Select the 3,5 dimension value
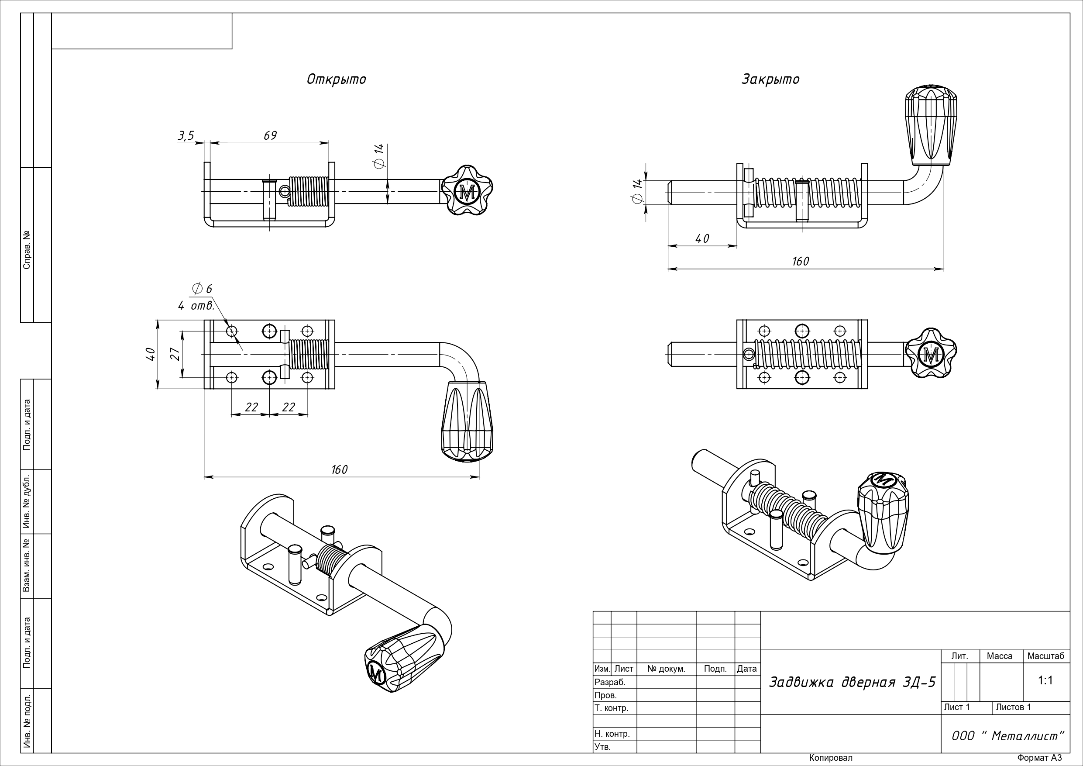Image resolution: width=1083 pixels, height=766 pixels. (x=186, y=136)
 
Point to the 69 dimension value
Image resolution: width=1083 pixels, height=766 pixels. (x=270, y=135)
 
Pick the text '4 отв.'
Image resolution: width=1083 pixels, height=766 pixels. (x=196, y=306)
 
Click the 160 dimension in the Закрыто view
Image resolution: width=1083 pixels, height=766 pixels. (x=800, y=261)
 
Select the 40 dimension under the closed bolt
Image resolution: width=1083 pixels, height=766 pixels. (x=702, y=239)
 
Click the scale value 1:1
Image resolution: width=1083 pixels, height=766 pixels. (x=1045, y=680)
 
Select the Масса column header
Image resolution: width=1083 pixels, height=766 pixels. (x=1000, y=656)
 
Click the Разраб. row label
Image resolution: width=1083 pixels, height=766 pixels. (x=610, y=682)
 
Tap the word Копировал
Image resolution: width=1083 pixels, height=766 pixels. (x=831, y=758)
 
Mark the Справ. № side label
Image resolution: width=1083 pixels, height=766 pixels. (x=27, y=250)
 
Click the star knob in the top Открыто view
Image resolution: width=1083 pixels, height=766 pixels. (x=467, y=191)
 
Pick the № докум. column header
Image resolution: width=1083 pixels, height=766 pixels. (x=666, y=669)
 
